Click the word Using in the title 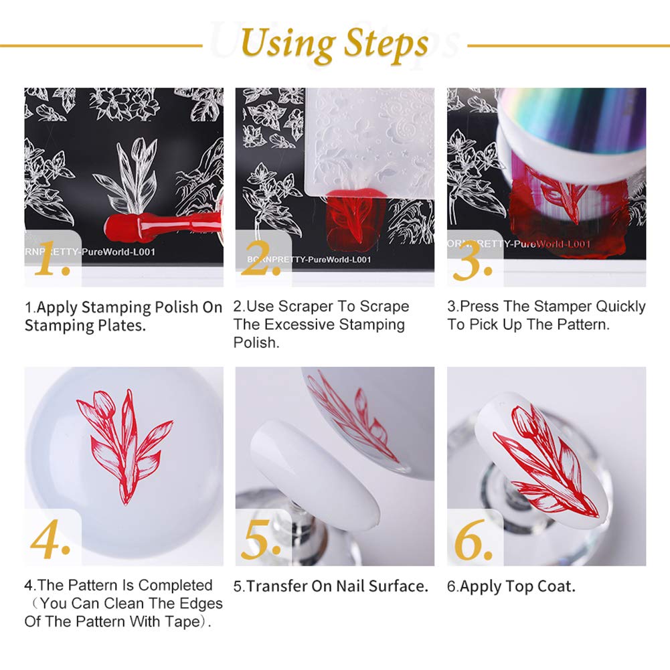click(288, 44)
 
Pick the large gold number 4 click(50, 541)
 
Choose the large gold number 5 click(261, 541)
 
